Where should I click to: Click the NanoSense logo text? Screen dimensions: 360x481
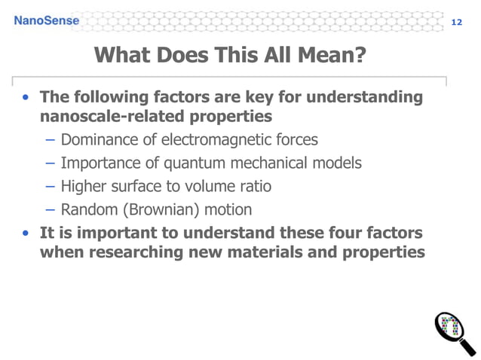coord(46,20)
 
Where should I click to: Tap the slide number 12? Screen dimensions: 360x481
coord(456,22)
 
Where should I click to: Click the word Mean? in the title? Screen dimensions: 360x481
coord(333,55)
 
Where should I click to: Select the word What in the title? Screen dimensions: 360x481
coord(124,55)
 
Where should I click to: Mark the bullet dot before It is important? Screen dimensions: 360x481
coord(26,233)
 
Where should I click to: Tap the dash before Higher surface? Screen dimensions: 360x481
coord(50,186)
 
